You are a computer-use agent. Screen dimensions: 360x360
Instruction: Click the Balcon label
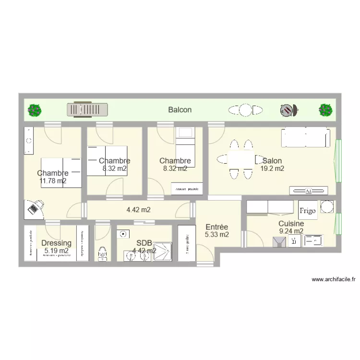(x=180, y=110)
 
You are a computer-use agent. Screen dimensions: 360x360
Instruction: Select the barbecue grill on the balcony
(x=288, y=110)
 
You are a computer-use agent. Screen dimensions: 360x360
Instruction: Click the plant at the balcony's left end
(x=34, y=110)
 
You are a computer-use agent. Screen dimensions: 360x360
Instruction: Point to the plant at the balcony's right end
(x=326, y=110)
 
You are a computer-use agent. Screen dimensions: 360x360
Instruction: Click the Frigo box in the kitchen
(x=307, y=210)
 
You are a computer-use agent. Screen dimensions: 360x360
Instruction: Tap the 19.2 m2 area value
(x=272, y=168)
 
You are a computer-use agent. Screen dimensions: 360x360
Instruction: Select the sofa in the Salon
(x=306, y=137)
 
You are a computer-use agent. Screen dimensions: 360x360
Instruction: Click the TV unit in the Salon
(x=309, y=191)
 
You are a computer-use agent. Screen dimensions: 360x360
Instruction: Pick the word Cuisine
(x=291, y=224)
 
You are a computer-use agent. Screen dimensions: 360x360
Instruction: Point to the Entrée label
(x=216, y=227)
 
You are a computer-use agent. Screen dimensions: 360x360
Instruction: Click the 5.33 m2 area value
(x=216, y=235)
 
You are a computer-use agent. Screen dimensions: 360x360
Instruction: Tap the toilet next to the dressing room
(x=102, y=253)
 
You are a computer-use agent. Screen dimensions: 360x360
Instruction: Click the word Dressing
(x=56, y=243)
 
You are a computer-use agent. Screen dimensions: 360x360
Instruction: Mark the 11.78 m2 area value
(x=53, y=181)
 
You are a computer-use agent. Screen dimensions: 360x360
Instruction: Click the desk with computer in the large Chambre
(x=34, y=208)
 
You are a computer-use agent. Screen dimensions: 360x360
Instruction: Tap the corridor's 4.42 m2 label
(x=138, y=210)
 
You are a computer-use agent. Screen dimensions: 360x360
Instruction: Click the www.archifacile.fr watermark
(x=334, y=279)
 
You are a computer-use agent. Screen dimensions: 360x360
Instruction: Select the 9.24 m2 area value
(x=291, y=231)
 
